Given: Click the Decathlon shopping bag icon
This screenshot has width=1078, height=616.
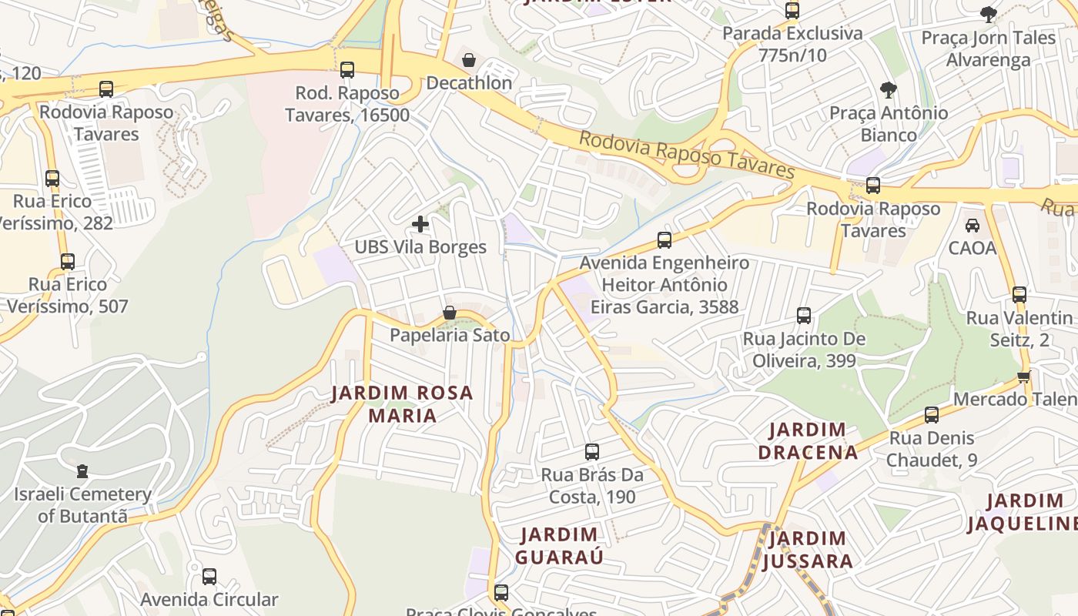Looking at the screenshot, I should coord(468,60).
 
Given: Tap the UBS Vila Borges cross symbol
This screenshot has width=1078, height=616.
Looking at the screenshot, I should coord(420,224).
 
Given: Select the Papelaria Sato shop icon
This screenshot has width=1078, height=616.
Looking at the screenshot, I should coord(450,313).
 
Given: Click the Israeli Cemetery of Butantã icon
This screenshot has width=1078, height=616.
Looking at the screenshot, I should coord(82,470).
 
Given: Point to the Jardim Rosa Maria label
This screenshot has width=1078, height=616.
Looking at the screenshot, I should coord(402,404).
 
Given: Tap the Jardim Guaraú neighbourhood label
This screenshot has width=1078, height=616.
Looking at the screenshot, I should coord(559,545).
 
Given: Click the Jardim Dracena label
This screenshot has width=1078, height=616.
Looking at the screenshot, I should coord(808,440).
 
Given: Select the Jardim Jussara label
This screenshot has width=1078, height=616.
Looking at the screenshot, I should coord(808,549).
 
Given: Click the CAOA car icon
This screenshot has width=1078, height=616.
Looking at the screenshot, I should coord(973,226).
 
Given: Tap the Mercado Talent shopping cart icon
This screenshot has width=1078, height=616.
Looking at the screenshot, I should coord(1023,377).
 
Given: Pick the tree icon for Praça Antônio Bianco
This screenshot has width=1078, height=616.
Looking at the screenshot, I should coord(889,90).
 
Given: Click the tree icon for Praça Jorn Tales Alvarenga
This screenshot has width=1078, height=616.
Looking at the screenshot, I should coord(989,14).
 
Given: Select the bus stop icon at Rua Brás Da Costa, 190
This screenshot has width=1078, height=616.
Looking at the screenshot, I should coord(591,452).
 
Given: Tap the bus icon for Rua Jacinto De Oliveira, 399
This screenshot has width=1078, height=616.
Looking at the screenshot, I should coord(804,316).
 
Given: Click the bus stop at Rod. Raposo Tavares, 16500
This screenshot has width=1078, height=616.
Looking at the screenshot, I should coord(347,70).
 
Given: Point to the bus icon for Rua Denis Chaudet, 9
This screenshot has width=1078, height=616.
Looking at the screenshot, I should coord(932,416).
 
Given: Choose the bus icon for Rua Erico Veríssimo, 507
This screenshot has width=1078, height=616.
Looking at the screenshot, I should coord(68,262).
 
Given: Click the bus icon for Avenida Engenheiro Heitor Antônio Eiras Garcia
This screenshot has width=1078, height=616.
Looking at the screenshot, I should coord(665,240).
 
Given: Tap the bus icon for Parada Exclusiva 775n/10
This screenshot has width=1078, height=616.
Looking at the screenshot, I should coord(792,11).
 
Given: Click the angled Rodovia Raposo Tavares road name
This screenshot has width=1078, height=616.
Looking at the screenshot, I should coord(686,155).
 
